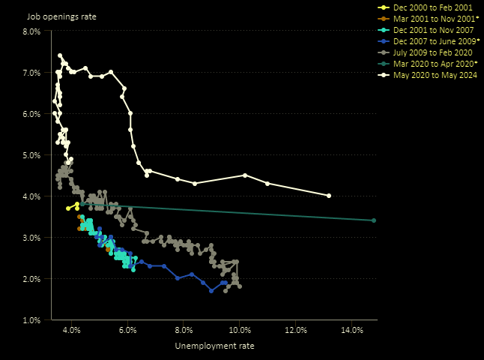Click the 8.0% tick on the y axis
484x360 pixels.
tap(31, 31)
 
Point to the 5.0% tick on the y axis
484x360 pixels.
tap(31, 155)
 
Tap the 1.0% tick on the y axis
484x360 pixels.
tap(31, 320)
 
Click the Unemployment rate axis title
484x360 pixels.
tap(214, 346)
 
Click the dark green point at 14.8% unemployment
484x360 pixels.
tap(374, 220)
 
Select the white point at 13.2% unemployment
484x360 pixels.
tap(329, 196)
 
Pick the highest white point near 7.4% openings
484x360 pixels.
tap(60, 55)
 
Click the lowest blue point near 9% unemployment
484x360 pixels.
tap(211, 291)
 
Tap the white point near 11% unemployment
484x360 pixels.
tap(267, 184)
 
